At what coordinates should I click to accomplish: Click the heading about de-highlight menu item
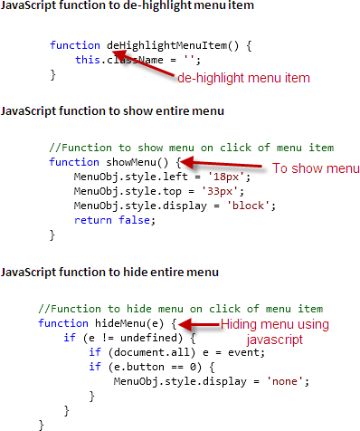(128, 7)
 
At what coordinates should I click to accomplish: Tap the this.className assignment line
(137, 60)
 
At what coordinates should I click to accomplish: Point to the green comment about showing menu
(192, 148)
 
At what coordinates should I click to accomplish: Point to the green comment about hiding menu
(181, 309)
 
